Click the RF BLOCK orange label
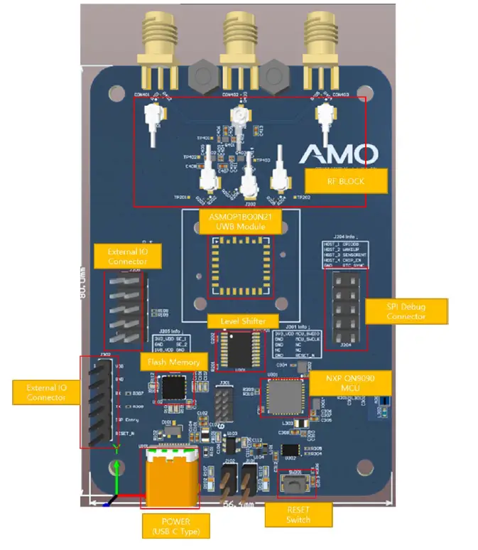tap(346, 180)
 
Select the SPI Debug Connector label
tap(406, 311)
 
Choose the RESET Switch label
tap(298, 515)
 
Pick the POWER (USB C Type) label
tap(175, 527)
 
